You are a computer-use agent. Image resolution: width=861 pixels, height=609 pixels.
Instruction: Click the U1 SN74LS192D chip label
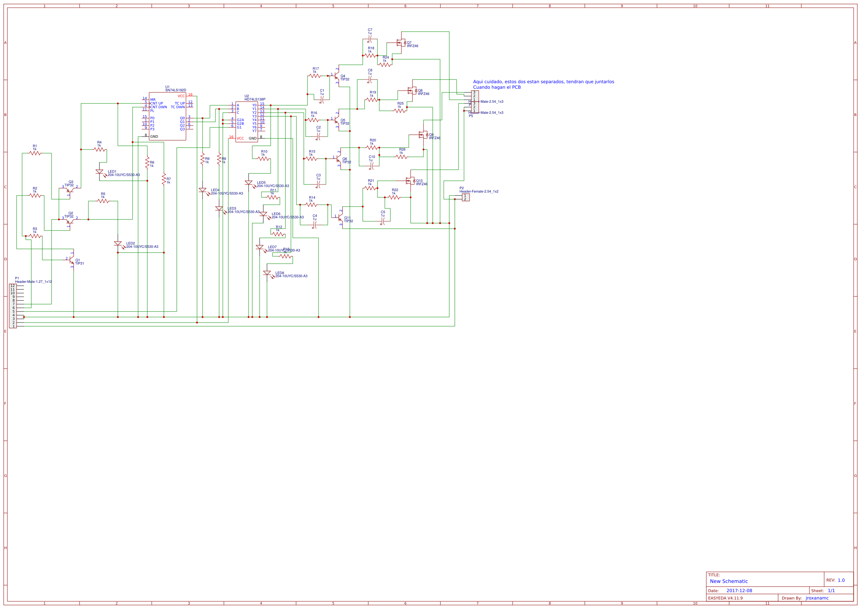click(x=176, y=90)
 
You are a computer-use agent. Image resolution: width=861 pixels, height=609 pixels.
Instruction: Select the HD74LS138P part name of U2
click(x=254, y=99)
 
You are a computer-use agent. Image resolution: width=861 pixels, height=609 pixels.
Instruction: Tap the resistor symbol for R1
click(x=35, y=153)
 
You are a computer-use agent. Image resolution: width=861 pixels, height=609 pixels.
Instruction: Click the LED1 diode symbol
click(x=99, y=171)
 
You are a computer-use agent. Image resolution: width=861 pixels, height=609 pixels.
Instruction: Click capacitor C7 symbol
click(x=370, y=39)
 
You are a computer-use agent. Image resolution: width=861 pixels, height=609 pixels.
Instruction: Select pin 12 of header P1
click(x=13, y=286)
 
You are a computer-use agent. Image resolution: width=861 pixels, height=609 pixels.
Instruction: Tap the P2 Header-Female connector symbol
click(x=465, y=197)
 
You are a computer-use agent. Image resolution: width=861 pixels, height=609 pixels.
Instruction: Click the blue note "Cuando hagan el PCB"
click(x=496, y=87)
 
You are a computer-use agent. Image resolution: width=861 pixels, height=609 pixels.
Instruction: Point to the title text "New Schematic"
click(x=729, y=581)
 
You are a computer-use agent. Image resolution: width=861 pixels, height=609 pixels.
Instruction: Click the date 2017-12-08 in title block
click(x=739, y=591)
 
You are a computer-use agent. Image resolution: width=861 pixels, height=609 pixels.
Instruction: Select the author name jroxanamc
click(x=817, y=598)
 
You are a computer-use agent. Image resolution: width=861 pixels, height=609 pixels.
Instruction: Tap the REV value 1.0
click(x=841, y=580)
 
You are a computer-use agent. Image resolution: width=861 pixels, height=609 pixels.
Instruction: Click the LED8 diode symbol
click(x=267, y=273)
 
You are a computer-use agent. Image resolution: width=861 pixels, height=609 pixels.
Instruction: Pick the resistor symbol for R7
click(x=164, y=179)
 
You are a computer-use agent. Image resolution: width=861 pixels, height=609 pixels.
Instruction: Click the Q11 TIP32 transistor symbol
click(x=340, y=217)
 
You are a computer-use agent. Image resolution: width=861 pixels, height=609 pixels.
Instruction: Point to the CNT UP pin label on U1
click(x=157, y=103)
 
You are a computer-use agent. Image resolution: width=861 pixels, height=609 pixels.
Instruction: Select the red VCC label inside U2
click(x=240, y=138)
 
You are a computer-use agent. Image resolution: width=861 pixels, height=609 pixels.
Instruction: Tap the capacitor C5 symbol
click(x=383, y=221)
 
